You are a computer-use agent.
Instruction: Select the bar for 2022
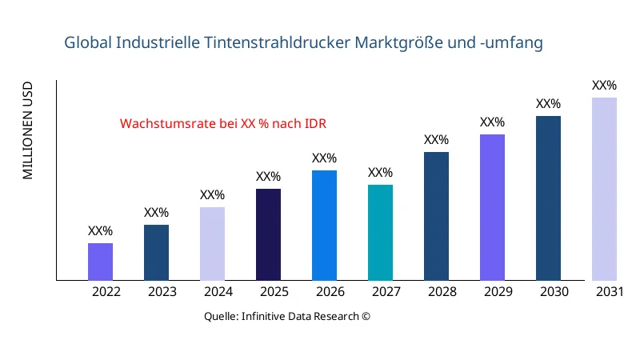pyautogui.click(x=100, y=262)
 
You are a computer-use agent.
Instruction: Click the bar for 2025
pyautogui.click(x=268, y=234)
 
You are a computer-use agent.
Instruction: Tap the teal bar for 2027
pyautogui.click(x=380, y=233)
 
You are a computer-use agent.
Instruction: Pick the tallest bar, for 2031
pyautogui.click(x=604, y=189)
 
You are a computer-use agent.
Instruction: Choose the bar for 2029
pyautogui.click(x=492, y=207)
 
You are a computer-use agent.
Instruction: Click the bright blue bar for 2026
pyautogui.click(x=324, y=225)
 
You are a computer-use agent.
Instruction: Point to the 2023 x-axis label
pyautogui.click(x=162, y=292)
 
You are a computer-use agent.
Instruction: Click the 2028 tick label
pyautogui.click(x=442, y=292)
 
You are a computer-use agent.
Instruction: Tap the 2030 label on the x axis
pyautogui.click(x=554, y=292)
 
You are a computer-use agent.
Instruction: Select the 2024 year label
pyautogui.click(x=218, y=292)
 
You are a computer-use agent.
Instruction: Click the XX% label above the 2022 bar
pyautogui.click(x=100, y=231)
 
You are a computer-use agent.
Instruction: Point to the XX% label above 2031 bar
pyautogui.click(x=604, y=86)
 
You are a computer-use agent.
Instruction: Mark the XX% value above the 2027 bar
pyautogui.click(x=380, y=173)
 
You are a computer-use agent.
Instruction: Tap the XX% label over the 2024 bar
pyautogui.click(x=212, y=195)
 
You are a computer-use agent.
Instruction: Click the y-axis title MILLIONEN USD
pyautogui.click(x=28, y=130)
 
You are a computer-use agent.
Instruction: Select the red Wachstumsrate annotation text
pyautogui.click(x=223, y=124)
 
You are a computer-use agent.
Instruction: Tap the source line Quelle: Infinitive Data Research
pyautogui.click(x=287, y=316)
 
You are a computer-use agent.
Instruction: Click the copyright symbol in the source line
pyautogui.click(x=366, y=316)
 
